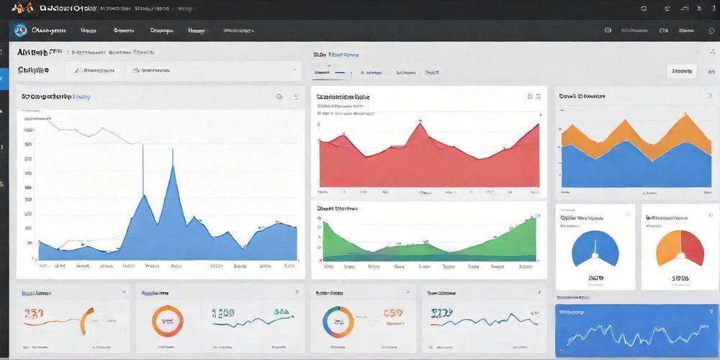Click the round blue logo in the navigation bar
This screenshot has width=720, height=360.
[20, 30]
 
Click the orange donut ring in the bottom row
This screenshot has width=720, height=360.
[167, 320]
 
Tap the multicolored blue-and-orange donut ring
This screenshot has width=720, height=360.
[337, 321]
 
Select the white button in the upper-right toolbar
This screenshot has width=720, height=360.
[680, 71]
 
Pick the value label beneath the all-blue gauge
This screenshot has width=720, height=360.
[595, 277]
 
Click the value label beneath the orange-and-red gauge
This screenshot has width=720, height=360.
[680, 277]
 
